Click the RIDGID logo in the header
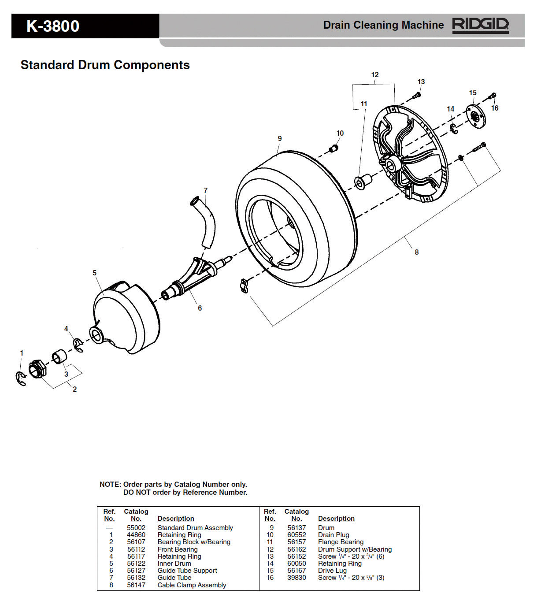click(480, 25)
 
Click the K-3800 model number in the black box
click(53, 26)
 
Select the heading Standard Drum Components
click(105, 65)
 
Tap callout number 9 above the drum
click(280, 138)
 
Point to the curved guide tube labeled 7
click(206, 223)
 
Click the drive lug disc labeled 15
click(475, 117)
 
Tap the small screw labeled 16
click(493, 96)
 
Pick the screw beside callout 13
click(417, 94)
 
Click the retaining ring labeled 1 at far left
click(21, 378)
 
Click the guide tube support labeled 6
click(194, 277)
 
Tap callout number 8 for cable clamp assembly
click(416, 252)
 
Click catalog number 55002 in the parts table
click(136, 527)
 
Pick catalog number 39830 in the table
click(296, 577)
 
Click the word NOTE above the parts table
click(110, 484)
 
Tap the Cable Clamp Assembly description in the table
click(192, 585)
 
